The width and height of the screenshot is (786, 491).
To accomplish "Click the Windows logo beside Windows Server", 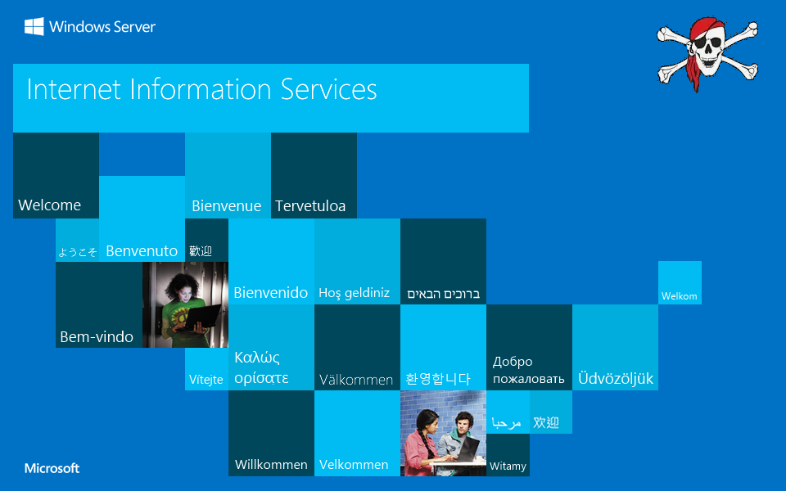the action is tap(34, 26).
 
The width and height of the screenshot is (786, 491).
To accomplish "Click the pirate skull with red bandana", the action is tap(707, 53).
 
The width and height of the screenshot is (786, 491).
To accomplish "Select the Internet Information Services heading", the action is tap(201, 89).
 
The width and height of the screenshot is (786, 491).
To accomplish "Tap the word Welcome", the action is tap(50, 205).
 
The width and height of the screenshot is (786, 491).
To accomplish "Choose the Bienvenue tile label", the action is tap(227, 206).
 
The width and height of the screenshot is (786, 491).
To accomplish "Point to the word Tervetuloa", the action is tap(310, 206).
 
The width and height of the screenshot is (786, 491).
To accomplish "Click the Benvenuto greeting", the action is tap(142, 251).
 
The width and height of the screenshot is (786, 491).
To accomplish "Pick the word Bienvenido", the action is tap(271, 293).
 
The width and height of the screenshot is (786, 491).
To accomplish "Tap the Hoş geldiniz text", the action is tap(355, 293).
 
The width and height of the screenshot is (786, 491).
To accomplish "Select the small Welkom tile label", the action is tap(680, 296).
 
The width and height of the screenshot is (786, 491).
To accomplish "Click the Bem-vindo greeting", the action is tap(97, 337).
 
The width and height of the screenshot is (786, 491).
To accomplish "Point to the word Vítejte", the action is tap(206, 380).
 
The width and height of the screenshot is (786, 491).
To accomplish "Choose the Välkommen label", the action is tap(356, 381).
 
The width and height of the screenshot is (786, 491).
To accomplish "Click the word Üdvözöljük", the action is tap(616, 378).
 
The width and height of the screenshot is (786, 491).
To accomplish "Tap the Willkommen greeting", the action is tap(271, 465).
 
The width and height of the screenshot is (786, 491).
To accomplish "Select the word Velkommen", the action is tap(354, 465).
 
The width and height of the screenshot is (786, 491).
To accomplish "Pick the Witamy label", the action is tap(508, 466).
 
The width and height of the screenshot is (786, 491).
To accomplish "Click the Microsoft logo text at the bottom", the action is tap(52, 468).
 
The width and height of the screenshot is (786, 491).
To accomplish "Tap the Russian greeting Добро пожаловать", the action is tap(528, 370).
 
